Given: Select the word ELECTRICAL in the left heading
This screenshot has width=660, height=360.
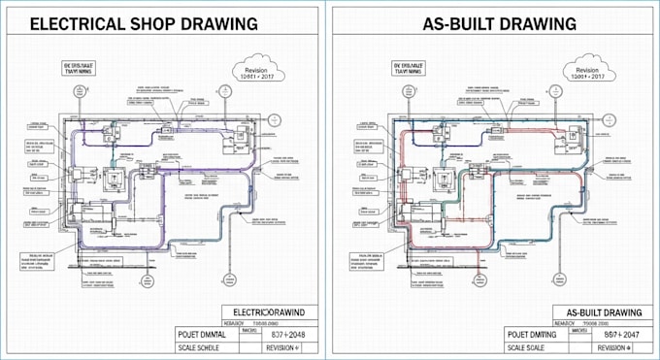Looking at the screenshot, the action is point(73,23).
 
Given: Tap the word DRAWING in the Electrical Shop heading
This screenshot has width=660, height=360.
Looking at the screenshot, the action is point(224,23).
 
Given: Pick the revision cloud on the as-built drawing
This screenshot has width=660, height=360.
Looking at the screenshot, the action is point(588,71).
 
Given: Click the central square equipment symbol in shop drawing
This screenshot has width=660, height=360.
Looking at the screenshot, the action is point(115,180).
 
